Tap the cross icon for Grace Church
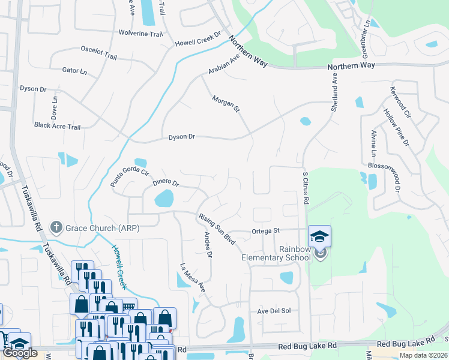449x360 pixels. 56,227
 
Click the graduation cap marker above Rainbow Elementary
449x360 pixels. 320,236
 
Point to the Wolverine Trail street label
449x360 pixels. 140,33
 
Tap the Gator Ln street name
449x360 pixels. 74,71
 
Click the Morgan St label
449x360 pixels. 226,104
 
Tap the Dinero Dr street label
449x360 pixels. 166,182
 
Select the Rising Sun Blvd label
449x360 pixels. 217,229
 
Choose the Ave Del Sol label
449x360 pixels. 274,311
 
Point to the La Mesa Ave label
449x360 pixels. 193,277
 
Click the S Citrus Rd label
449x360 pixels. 305,188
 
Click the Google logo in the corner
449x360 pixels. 20,353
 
